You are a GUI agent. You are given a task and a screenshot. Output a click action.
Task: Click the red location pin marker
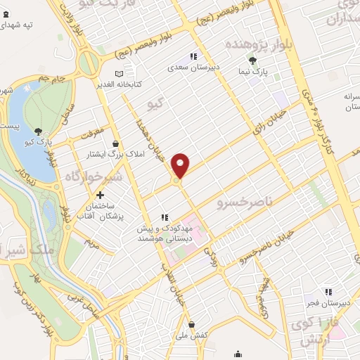point(181,165)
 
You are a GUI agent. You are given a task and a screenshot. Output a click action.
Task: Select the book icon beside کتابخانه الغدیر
point(118,73)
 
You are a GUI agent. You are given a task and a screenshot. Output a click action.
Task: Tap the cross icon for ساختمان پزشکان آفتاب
point(100,195)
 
